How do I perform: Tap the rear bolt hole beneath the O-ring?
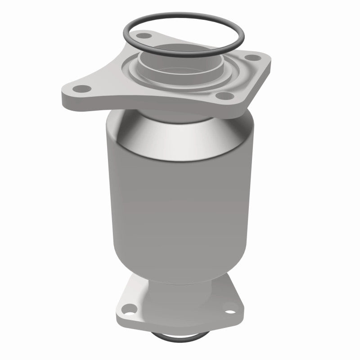pos(144,34)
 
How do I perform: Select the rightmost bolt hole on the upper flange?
pos(252,58)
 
